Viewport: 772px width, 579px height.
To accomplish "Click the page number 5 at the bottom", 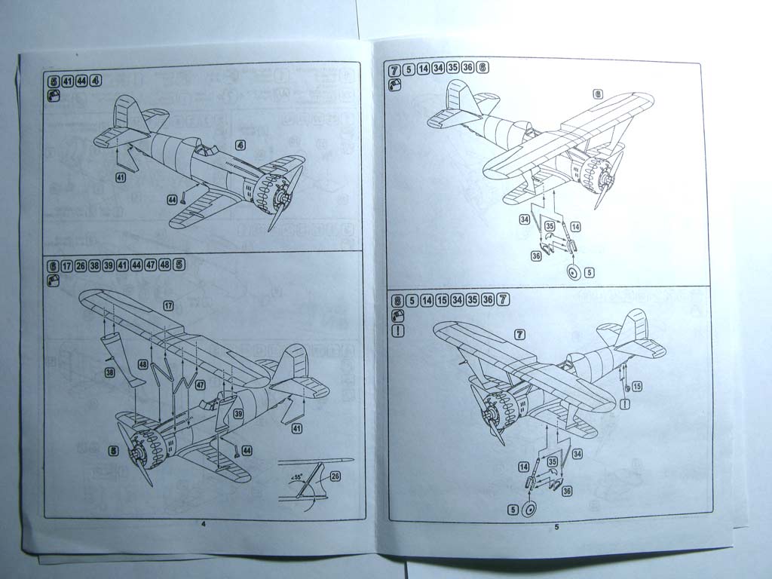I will (556, 527).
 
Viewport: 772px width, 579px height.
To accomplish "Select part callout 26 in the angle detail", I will (335, 476).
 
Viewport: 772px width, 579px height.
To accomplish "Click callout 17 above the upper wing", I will (169, 305).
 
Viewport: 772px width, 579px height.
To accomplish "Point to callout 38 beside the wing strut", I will (109, 373).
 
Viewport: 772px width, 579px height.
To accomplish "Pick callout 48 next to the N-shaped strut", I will (142, 365).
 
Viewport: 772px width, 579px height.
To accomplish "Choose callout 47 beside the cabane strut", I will (201, 384).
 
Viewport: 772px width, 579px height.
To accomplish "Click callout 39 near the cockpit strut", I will (237, 414).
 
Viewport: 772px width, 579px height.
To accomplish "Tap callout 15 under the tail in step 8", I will (637, 386).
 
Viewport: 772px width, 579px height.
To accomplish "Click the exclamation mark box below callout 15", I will (625, 403).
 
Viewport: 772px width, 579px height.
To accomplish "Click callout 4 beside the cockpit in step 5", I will (240, 145).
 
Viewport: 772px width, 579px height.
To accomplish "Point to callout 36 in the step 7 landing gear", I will (536, 256).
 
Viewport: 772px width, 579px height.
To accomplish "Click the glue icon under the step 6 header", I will (53, 280).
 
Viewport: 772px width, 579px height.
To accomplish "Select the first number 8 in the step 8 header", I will (397, 300).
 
